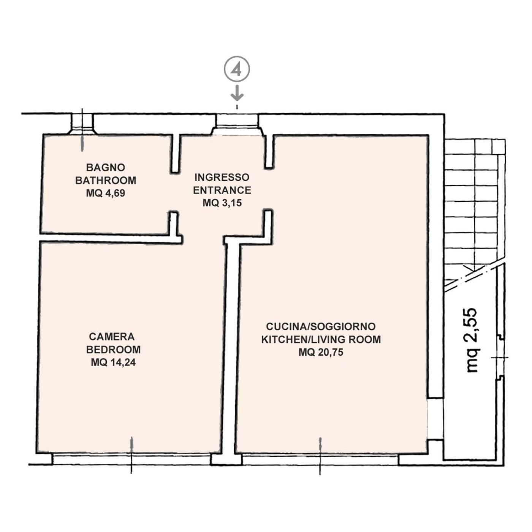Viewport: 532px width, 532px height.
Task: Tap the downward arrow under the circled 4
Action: click(x=237, y=93)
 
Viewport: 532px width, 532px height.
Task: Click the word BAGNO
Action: click(x=106, y=168)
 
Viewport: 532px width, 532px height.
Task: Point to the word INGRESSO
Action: click(x=222, y=177)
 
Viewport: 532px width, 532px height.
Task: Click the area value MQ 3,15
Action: click(x=222, y=203)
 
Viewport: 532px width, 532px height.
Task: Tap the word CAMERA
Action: click(x=112, y=337)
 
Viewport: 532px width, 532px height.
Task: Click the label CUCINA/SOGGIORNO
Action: click(x=321, y=326)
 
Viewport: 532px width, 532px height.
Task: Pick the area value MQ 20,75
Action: click(x=321, y=352)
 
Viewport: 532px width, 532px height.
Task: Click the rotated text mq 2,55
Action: click(x=471, y=340)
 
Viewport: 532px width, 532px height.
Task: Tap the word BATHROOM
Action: click(x=106, y=180)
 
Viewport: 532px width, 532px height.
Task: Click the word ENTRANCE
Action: click(x=222, y=190)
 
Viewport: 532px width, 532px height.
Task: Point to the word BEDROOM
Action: click(x=113, y=350)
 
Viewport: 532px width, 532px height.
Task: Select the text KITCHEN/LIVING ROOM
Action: click(x=321, y=339)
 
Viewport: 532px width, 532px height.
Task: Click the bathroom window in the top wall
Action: click(x=82, y=124)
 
